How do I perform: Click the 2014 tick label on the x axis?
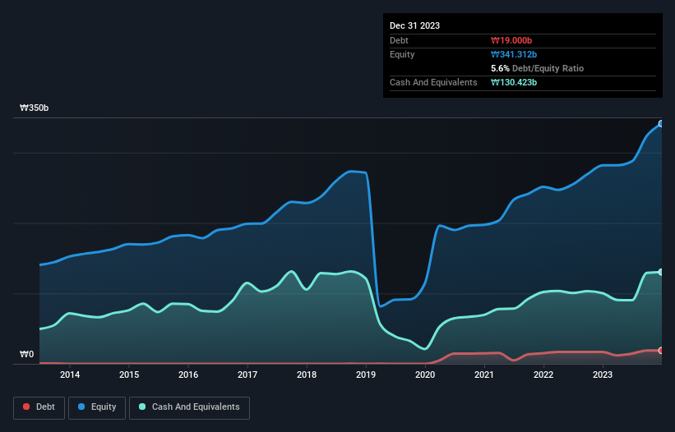[x=70, y=375]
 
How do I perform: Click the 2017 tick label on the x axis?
[x=247, y=375]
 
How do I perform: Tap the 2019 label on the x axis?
[x=366, y=375]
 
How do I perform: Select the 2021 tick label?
[x=484, y=375]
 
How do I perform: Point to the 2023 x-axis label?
[x=603, y=375]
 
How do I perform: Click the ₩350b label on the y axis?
[x=35, y=108]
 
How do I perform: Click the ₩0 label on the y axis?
[x=27, y=355]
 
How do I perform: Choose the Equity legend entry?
[x=97, y=407]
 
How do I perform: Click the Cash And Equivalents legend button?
[x=189, y=407]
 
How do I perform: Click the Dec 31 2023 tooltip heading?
[x=414, y=25]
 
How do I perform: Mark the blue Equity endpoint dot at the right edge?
[x=661, y=123]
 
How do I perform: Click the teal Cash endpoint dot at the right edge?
[x=661, y=272]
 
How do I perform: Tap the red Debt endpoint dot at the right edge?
[x=661, y=350]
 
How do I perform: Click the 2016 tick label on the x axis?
[x=188, y=375]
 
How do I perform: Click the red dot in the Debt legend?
[x=26, y=407]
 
